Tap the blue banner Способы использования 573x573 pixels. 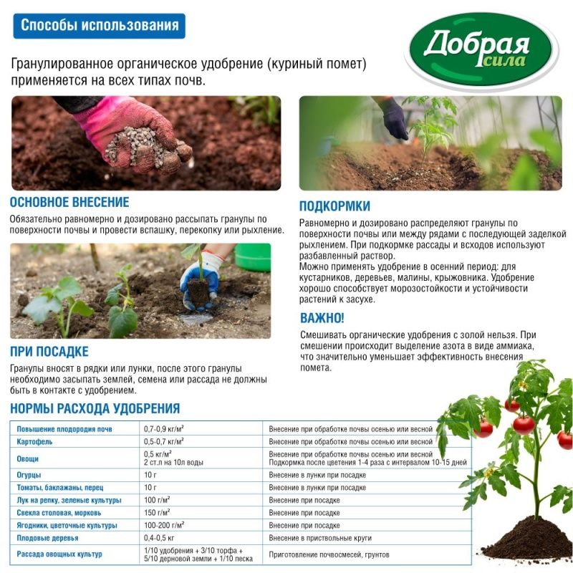(99, 27)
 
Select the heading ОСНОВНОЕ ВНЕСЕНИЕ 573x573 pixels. (69, 202)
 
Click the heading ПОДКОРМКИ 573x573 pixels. (334, 206)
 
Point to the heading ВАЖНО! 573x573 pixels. (322, 317)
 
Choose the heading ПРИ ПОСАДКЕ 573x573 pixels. (49, 352)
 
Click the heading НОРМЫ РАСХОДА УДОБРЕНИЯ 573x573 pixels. (95, 409)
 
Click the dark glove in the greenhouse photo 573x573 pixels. (393, 118)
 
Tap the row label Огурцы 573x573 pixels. (29, 475)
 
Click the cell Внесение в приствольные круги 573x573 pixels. (320, 538)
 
